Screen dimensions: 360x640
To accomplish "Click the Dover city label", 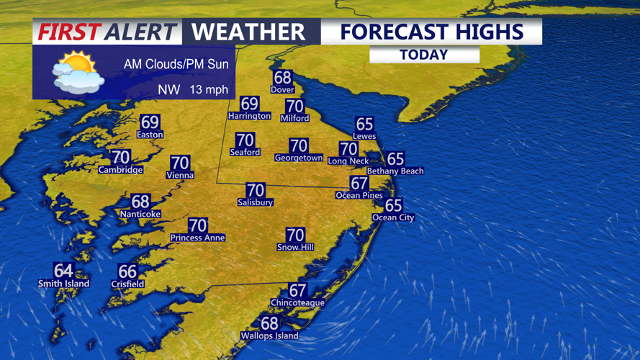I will click(282, 89).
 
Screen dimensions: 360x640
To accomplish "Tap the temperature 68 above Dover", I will click(282, 78).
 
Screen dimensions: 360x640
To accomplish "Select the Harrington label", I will click(249, 115).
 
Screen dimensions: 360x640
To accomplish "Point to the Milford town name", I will click(294, 118).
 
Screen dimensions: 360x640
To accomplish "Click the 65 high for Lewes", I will click(364, 125).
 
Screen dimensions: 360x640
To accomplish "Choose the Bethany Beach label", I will click(395, 171).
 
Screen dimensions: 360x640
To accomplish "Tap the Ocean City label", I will click(393, 217).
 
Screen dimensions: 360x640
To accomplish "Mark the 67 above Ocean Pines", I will click(359, 184).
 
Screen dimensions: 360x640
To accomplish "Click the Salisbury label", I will click(256, 202).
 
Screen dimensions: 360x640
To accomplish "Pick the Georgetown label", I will click(299, 158).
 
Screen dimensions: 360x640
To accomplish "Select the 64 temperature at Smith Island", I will click(63, 271).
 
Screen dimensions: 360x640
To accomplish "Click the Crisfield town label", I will click(127, 284).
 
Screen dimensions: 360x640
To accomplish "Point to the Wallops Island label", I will click(269, 336).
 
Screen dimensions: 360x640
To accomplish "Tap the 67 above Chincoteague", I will click(297, 290).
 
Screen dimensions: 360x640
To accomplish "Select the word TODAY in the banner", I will click(424, 55).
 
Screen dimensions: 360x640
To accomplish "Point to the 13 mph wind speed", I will click(209, 90).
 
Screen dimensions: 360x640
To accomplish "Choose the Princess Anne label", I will click(197, 238).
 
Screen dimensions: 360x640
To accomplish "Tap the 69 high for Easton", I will click(150, 122).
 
